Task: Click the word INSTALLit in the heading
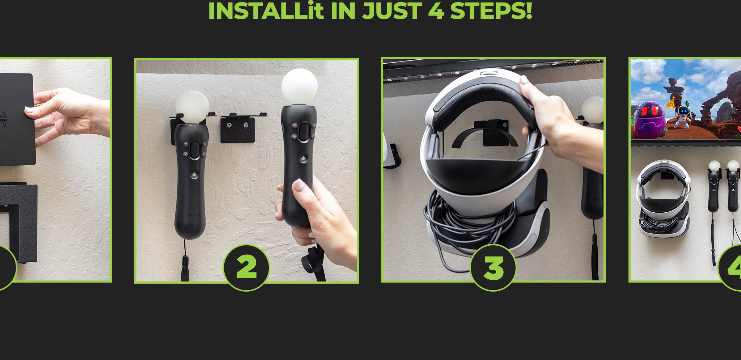click(x=266, y=10)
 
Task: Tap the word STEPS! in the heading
click(x=491, y=10)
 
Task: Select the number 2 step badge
click(x=246, y=267)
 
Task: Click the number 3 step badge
click(x=493, y=267)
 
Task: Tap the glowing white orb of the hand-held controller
click(x=299, y=86)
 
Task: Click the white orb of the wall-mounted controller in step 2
click(x=192, y=107)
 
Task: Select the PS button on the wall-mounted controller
click(x=194, y=175)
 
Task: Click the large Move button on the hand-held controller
click(x=304, y=130)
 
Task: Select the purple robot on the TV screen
click(x=651, y=119)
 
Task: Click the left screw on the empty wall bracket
click(x=229, y=125)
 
